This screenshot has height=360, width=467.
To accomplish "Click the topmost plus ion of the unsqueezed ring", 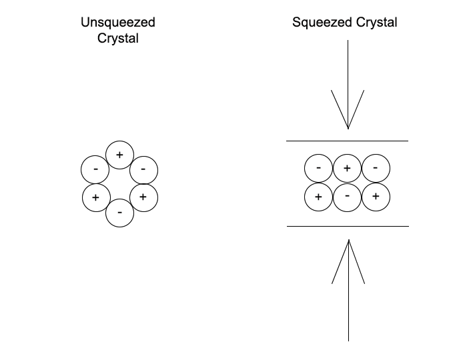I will [x=119, y=155].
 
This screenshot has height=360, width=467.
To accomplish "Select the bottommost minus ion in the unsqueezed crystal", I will [x=119, y=213].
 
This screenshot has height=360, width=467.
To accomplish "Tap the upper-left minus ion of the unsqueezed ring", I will [x=95, y=169].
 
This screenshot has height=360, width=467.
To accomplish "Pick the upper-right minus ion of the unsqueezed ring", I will [x=143, y=169].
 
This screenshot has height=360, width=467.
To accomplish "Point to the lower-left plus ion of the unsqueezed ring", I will [x=96, y=197].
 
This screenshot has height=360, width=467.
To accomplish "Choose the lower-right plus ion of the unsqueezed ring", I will [x=143, y=197].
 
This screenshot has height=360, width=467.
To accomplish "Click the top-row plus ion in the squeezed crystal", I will [x=347, y=168].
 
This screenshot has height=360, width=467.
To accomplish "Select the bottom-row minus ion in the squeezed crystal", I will [x=347, y=197].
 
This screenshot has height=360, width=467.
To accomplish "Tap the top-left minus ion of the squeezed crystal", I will [x=318, y=168].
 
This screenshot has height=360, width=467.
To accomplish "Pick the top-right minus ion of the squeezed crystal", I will [x=376, y=168].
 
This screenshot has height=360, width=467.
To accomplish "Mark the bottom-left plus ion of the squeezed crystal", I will [x=318, y=197].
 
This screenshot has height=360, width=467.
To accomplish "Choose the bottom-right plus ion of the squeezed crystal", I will [x=376, y=197].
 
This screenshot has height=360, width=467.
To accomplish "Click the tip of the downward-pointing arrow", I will [x=348, y=128].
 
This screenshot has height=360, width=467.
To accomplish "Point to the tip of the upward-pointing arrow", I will [x=348, y=241].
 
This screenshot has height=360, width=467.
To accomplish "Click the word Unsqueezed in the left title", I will [x=118, y=23].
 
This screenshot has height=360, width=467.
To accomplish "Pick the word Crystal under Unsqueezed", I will [x=118, y=39].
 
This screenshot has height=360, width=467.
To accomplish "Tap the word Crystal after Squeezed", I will [x=375, y=23].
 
